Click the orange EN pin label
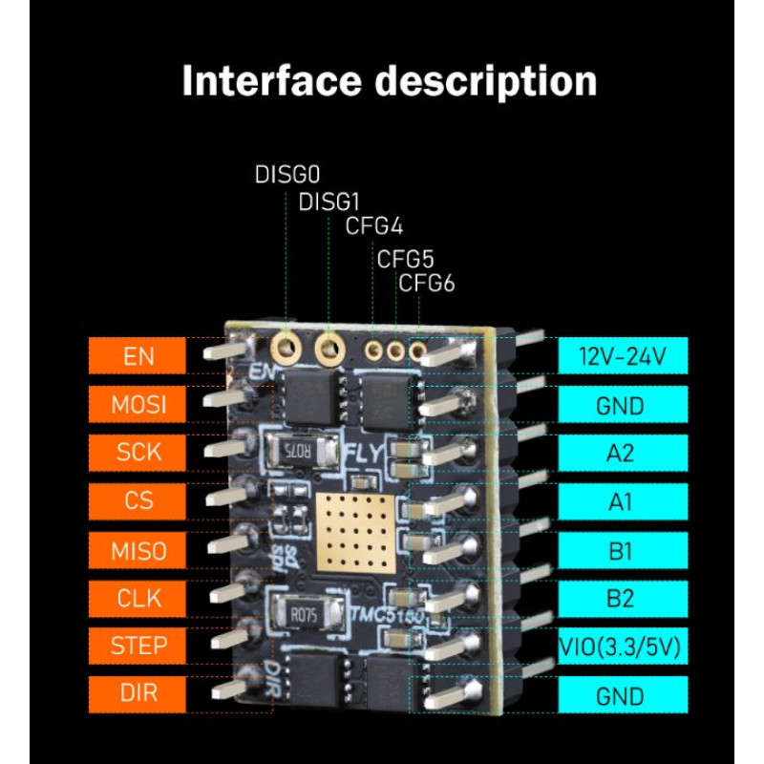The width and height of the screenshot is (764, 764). (x=138, y=356)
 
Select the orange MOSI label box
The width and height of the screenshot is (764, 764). (x=138, y=405)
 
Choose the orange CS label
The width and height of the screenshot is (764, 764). (x=138, y=500)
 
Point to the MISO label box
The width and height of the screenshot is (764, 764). (x=138, y=550)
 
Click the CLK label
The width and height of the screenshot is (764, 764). (x=138, y=599)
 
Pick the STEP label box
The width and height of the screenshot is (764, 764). (x=138, y=646)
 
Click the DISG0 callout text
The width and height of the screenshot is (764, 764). (x=286, y=175)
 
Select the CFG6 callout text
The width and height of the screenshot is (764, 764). (x=426, y=284)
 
